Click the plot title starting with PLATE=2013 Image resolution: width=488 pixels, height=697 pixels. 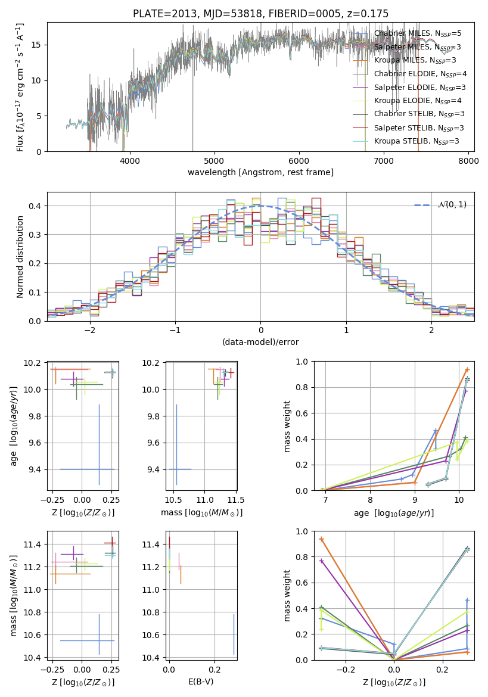260,13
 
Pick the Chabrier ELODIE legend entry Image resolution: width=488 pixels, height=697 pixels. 409,74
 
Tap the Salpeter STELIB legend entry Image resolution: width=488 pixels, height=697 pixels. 408,128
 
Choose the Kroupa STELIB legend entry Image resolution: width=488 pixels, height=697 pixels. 405,141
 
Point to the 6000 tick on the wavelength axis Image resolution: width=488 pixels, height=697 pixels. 299,160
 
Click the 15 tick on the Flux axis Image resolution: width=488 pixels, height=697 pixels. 36,45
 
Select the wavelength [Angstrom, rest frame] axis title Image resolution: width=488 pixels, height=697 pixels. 260,172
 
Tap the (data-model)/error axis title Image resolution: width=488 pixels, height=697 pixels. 260,342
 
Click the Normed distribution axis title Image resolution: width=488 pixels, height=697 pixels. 20,257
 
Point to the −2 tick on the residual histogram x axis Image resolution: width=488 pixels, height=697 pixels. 90,330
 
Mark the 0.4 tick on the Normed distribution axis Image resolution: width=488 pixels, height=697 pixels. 35,206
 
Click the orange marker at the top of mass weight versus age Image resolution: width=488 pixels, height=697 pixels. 467,369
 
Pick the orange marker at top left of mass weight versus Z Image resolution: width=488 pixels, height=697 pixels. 322,539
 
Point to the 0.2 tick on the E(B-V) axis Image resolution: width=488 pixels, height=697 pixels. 215,670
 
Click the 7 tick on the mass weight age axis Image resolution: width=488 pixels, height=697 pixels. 325,500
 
